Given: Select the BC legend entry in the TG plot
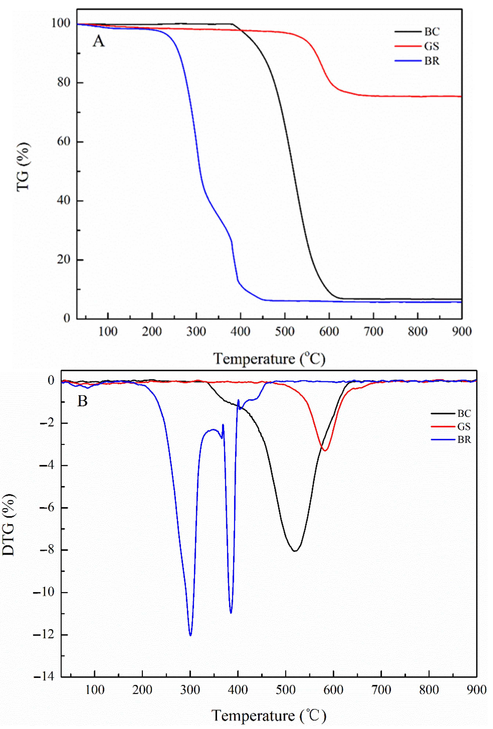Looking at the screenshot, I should point(432,32).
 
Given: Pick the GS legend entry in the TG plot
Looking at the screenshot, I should point(432,46).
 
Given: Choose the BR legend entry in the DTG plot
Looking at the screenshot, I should point(464,440).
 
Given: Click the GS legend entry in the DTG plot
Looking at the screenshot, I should point(464,427).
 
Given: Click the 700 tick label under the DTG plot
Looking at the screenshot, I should point(381,690).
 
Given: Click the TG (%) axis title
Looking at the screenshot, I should point(24,166).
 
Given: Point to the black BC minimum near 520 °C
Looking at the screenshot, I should point(295,551).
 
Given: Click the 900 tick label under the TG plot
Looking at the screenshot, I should point(462,332).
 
